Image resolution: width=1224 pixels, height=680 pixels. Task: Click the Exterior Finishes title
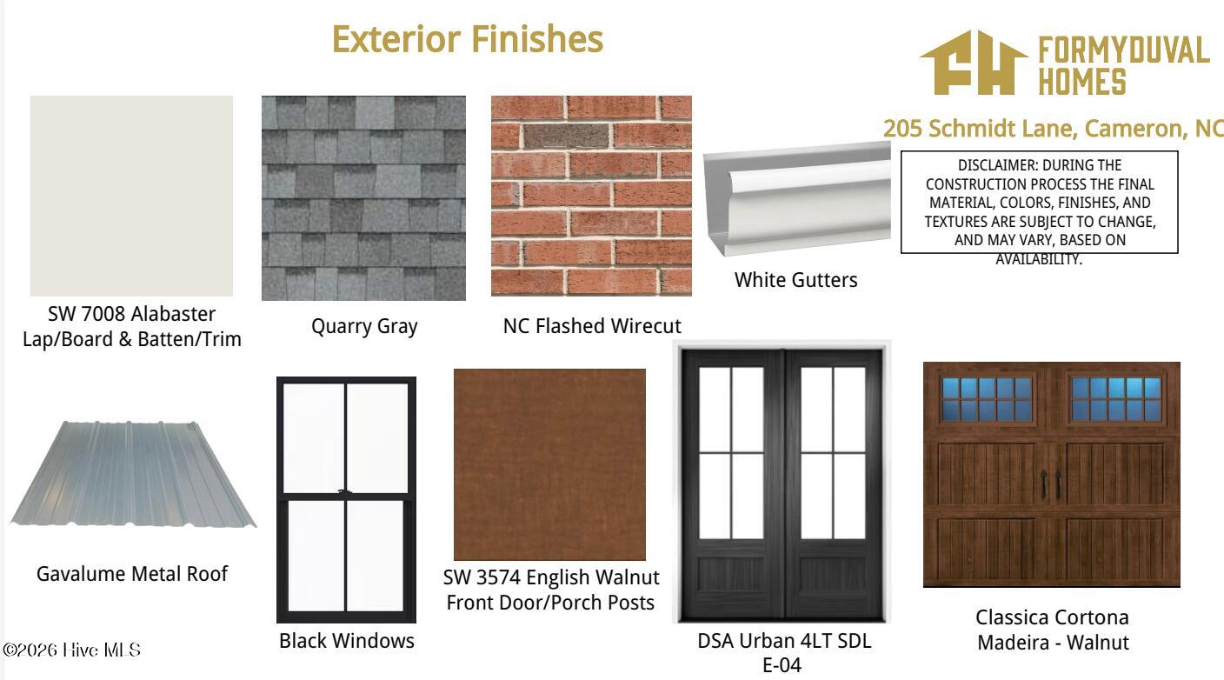(467, 39)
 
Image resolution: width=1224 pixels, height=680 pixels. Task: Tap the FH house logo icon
(974, 63)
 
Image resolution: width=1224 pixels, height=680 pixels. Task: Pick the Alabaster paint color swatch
(131, 196)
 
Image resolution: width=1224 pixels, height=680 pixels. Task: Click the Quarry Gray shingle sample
(363, 198)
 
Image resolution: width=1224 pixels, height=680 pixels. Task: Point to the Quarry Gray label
(364, 327)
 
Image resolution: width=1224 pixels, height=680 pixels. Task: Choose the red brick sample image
(591, 196)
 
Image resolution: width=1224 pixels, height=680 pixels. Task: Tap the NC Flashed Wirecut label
(592, 326)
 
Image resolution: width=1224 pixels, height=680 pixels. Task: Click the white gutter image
(796, 198)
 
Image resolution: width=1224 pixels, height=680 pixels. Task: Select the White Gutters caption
(795, 280)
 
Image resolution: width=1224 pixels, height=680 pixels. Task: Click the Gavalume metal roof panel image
(132, 473)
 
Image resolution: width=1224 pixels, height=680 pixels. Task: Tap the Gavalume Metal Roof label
(131, 573)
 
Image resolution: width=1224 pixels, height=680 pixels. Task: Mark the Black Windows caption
(347, 641)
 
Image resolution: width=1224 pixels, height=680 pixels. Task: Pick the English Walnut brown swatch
(549, 464)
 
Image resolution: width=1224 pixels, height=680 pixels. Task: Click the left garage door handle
(1044, 484)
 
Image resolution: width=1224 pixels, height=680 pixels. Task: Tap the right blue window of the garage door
(1116, 400)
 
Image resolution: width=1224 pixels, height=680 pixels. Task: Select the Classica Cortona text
(1052, 617)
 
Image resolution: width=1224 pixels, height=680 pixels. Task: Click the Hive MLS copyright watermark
(71, 650)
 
